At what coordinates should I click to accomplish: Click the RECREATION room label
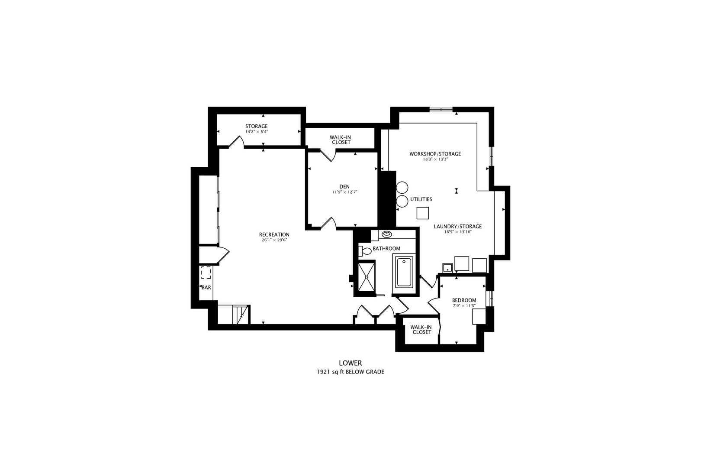(x=274, y=234)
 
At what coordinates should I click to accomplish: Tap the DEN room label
(x=344, y=186)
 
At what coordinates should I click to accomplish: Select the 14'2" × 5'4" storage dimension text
(x=256, y=132)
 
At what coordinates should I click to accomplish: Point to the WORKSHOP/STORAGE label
(x=435, y=154)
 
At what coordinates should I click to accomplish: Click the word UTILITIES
(x=421, y=199)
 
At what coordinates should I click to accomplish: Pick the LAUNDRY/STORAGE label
(x=457, y=226)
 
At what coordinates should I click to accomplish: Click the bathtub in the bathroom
(x=404, y=272)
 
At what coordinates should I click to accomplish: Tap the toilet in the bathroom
(x=365, y=251)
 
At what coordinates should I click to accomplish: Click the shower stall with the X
(x=367, y=277)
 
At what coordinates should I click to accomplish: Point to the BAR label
(x=206, y=287)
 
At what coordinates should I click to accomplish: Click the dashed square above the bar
(x=206, y=273)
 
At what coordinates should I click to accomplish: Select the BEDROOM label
(x=464, y=300)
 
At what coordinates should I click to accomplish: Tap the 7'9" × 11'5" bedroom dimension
(x=464, y=305)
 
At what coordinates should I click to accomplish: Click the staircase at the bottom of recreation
(x=234, y=315)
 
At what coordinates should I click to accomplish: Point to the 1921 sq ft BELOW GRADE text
(x=350, y=372)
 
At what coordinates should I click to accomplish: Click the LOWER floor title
(x=350, y=363)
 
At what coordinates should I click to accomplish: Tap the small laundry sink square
(x=447, y=268)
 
